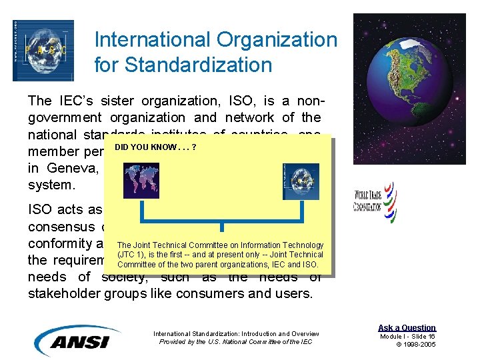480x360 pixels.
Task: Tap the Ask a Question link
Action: pos(407,327)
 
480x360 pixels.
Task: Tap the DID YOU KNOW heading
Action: pos(155,146)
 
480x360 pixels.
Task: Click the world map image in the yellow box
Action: pos(141,180)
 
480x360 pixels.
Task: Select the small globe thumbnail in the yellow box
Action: pos(301,181)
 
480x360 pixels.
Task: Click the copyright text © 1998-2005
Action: pos(416,345)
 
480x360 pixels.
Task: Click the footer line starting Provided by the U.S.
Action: pos(236,342)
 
